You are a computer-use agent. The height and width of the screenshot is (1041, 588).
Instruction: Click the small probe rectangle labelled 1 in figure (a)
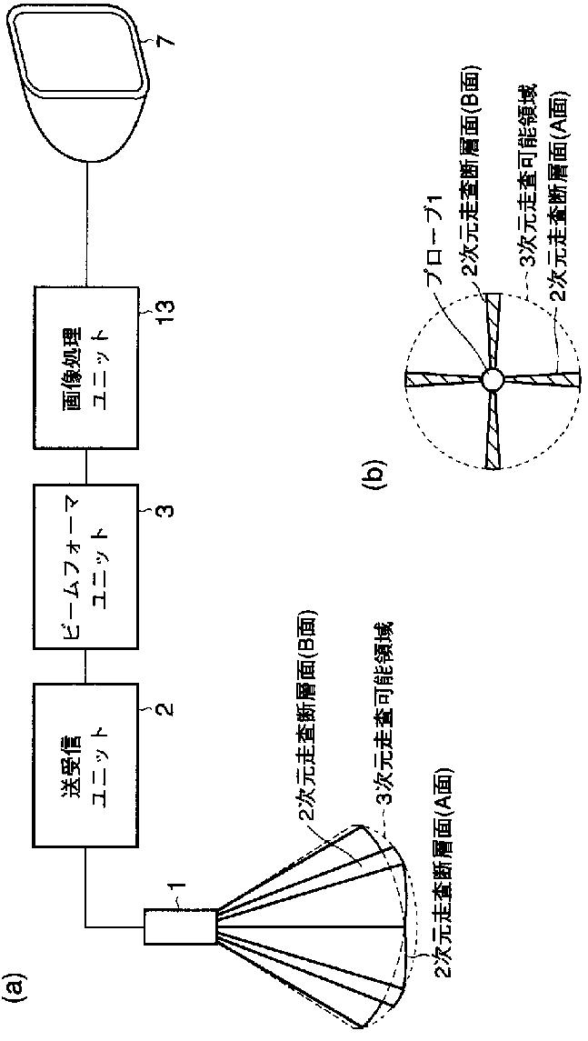[179, 926]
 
